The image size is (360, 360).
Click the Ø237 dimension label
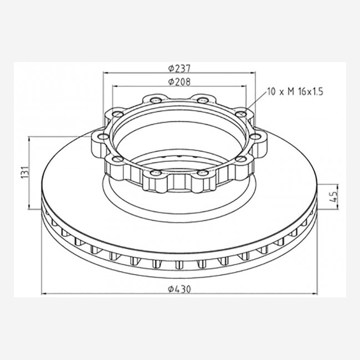point(179,69)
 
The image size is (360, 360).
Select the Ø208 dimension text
point(179,82)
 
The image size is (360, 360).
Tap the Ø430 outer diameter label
point(179,289)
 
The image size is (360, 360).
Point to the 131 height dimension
point(25,172)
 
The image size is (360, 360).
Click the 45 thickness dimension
point(333,197)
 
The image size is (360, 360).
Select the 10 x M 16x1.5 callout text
point(295,91)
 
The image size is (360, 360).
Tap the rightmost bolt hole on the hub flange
point(255,137)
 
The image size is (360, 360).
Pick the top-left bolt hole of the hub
point(156,100)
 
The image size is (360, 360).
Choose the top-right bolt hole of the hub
point(203,100)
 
